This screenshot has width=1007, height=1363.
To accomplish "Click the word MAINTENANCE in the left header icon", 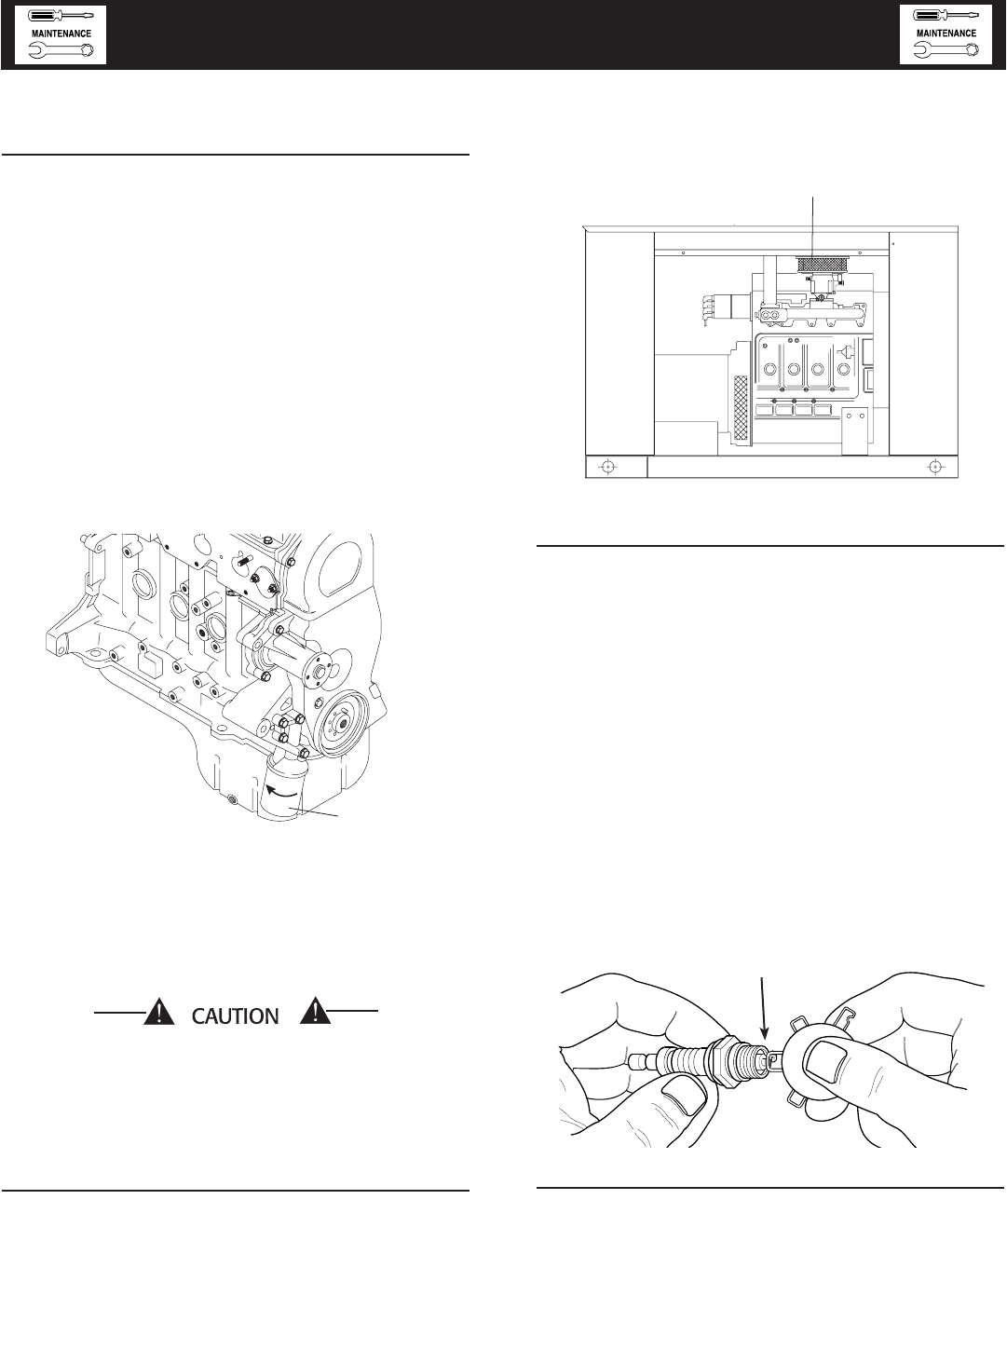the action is click(x=61, y=34).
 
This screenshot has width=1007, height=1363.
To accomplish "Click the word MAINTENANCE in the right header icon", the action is click(x=946, y=34).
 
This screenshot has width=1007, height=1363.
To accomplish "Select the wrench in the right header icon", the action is click(x=946, y=51).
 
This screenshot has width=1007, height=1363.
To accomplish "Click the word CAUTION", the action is click(x=236, y=1016).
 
